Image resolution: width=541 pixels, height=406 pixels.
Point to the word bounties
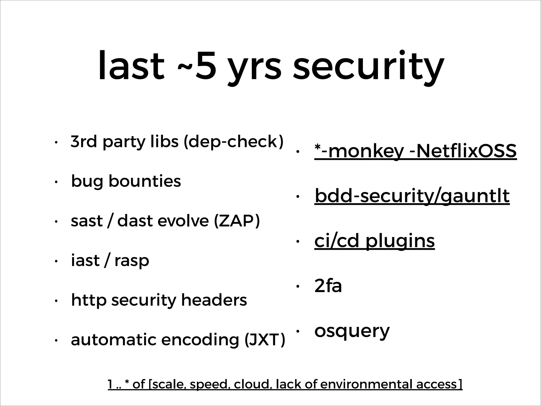click(144, 181)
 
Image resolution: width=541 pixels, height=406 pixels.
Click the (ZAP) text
click(237, 221)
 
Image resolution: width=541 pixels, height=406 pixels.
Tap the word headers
click(214, 300)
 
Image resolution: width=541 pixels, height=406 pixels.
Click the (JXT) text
click(265, 340)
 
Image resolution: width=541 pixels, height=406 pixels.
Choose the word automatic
click(114, 340)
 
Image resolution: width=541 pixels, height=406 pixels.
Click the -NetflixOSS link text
click(462, 151)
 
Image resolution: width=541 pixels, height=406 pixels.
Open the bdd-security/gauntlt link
click(412, 196)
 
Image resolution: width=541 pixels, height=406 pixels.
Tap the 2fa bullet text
click(328, 286)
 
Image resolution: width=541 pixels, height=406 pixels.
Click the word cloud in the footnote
click(253, 384)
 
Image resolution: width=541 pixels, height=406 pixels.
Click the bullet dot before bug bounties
click(56, 182)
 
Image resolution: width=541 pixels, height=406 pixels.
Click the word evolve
click(183, 221)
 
